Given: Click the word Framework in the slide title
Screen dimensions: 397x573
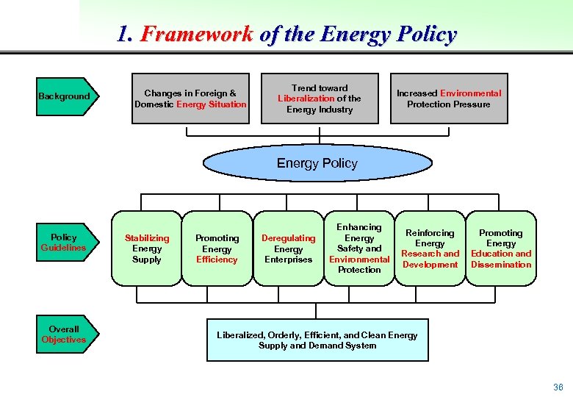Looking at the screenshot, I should click(197, 35).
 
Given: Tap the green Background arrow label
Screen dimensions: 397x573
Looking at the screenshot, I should click(65, 96).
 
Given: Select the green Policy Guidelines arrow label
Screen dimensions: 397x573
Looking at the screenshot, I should click(64, 243).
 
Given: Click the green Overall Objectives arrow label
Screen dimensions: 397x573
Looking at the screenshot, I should click(64, 335).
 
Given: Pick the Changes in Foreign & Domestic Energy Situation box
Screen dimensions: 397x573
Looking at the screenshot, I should click(190, 99).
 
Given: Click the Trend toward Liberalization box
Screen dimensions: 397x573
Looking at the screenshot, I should click(320, 99).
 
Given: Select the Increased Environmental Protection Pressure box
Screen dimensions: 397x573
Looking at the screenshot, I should click(448, 99).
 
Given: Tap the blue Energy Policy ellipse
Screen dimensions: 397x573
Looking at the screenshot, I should click(317, 163).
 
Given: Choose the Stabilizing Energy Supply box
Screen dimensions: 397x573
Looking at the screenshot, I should click(147, 248).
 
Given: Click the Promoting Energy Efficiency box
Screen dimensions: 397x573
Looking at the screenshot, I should click(217, 248).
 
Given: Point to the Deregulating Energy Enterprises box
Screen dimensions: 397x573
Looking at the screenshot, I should click(288, 248).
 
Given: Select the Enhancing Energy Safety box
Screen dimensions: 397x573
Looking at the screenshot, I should click(359, 248).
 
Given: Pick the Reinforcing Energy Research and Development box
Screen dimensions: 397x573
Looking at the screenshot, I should click(430, 248).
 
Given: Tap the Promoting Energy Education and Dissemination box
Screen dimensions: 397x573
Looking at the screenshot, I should click(501, 248).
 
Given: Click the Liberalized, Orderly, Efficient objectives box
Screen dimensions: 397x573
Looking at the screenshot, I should click(317, 340).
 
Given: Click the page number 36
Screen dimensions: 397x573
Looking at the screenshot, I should click(558, 387).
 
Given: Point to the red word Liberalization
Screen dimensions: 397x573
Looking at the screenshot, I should click(306, 99).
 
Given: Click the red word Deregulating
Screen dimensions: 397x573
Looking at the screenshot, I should click(288, 238).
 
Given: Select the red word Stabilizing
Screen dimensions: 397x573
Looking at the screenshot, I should click(147, 238).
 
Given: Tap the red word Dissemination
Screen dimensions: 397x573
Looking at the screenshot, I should click(501, 265).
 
